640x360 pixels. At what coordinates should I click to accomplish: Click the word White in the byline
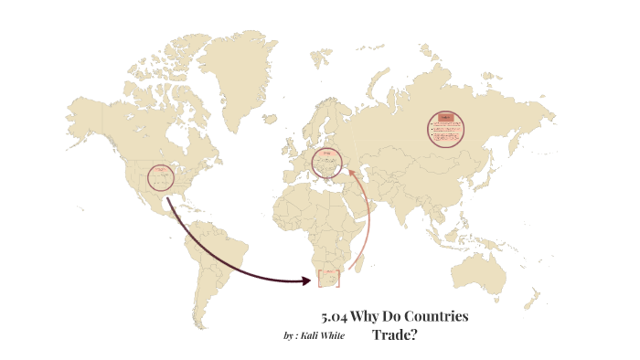point(333,335)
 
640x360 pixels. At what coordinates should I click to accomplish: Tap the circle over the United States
point(161,179)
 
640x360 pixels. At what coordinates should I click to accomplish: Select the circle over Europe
point(326,163)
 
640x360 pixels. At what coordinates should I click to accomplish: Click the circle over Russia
point(445,129)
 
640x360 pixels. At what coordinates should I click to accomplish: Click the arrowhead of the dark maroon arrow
point(308,281)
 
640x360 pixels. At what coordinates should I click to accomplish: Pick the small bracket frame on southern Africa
point(328,279)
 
